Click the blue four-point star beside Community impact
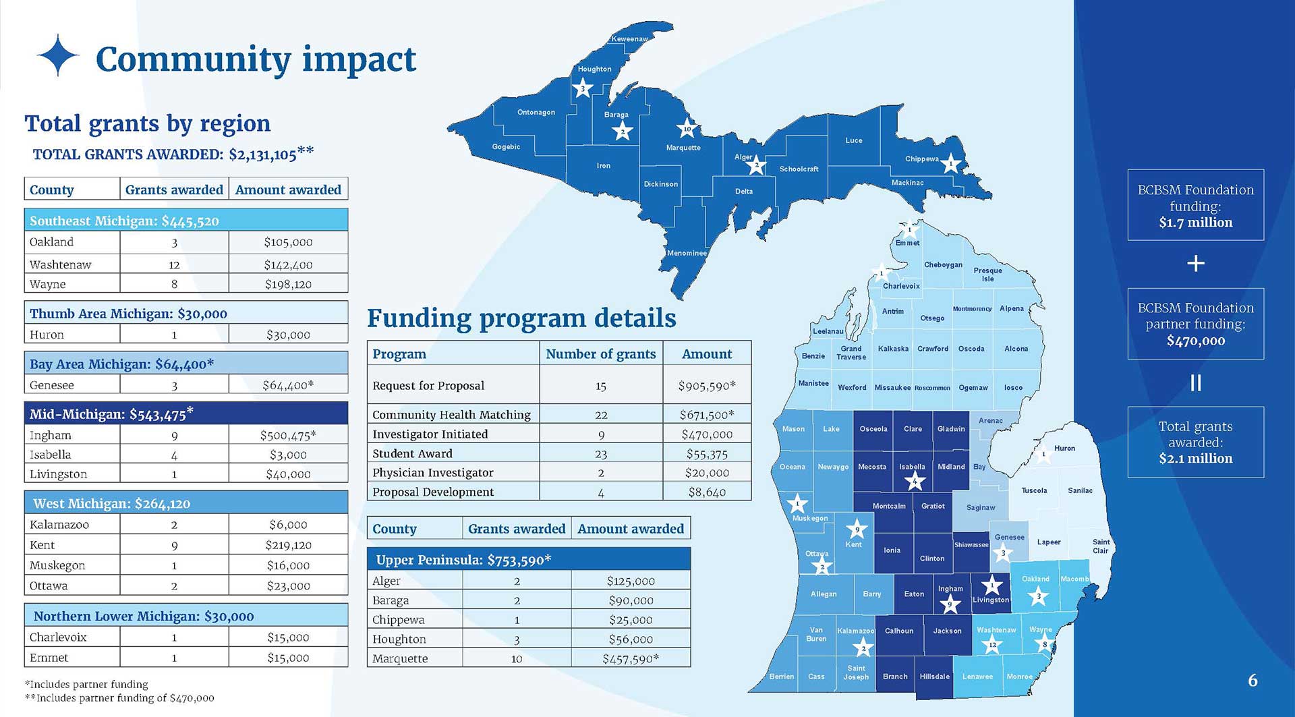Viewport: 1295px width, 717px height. (x=58, y=55)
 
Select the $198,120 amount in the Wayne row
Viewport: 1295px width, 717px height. (x=288, y=284)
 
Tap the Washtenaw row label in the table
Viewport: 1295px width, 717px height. (x=60, y=264)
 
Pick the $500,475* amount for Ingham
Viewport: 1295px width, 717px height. (x=288, y=436)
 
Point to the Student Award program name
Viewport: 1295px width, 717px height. (x=412, y=454)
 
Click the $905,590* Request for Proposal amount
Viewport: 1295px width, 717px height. (x=707, y=386)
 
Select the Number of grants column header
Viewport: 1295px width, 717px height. (x=600, y=354)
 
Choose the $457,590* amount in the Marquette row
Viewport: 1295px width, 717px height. (x=631, y=659)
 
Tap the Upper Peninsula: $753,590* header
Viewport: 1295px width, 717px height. (x=463, y=560)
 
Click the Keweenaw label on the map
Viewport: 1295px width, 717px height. (x=629, y=39)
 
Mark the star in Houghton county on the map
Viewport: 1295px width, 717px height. (x=583, y=88)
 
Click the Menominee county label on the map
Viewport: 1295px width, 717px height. (x=687, y=253)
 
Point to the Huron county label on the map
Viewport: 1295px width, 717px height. (x=1064, y=449)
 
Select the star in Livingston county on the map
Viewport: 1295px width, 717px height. (x=991, y=585)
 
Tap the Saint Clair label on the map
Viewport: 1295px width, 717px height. (x=1101, y=546)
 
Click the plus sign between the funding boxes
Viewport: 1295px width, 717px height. (x=1195, y=263)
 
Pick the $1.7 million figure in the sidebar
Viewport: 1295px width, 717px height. (x=1195, y=223)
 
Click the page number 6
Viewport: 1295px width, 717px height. (x=1253, y=680)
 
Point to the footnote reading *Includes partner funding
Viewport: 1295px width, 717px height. (x=86, y=684)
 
